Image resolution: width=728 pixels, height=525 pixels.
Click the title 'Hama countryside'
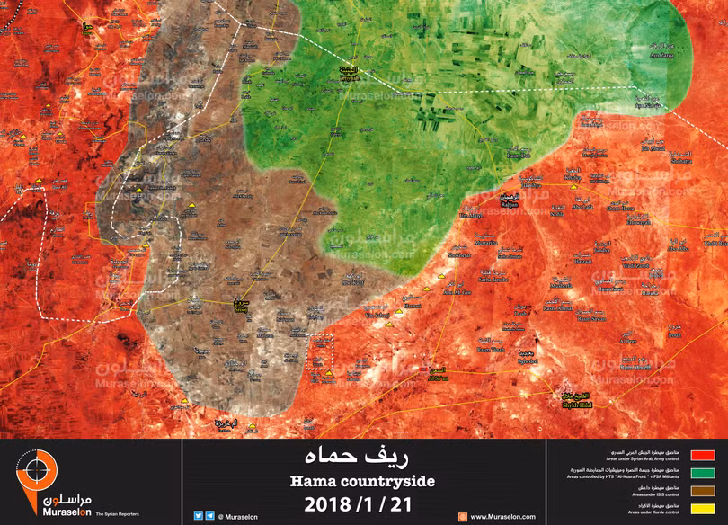[362, 482]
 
